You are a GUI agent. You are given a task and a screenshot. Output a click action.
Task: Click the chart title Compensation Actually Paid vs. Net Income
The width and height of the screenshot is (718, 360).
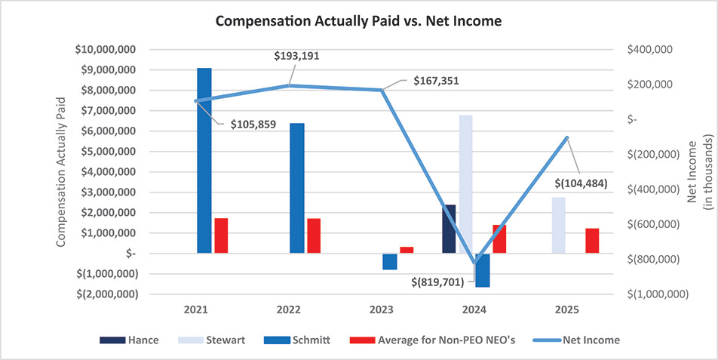tap(358, 21)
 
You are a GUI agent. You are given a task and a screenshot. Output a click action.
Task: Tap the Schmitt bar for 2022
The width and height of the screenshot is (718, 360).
tap(297, 188)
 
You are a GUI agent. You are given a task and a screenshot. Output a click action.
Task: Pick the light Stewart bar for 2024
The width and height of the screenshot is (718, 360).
tap(465, 184)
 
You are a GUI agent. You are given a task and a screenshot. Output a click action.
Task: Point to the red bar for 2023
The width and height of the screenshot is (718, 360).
tap(407, 250)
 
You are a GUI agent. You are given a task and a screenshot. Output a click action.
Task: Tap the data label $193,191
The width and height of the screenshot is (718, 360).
tap(296, 55)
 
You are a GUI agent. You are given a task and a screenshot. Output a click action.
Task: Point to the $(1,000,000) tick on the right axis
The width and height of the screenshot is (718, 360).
tap(658, 294)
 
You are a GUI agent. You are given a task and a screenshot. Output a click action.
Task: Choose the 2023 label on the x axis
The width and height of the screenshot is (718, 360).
tap(382, 310)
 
